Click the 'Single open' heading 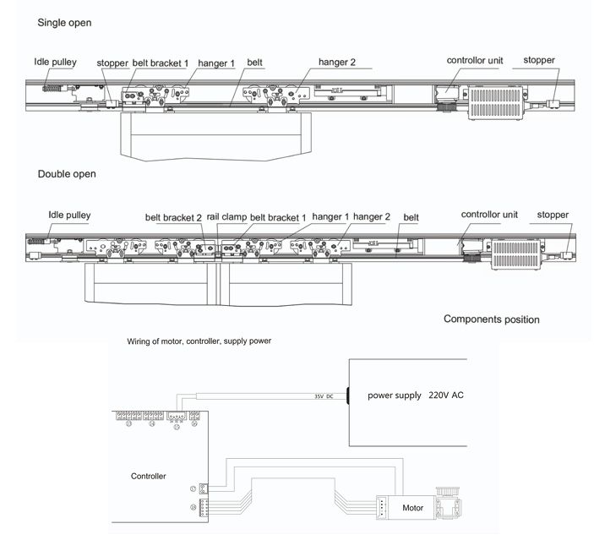pos(64,23)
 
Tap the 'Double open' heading pos(67,174)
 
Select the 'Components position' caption pos(491,319)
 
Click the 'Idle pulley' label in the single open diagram pos(55,63)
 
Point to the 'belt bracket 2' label pos(173,217)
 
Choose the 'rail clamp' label pos(226,216)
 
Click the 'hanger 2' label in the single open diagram pos(337,63)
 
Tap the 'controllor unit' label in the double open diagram pos(489,215)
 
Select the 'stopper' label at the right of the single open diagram pos(539,60)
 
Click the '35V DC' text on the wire pos(324,396)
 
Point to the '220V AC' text pos(446,395)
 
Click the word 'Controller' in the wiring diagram pos(148,477)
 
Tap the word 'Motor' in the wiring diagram pos(412,508)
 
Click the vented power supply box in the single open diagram pos(495,103)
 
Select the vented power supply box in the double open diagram pos(515,254)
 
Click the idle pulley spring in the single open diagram pos(52,89)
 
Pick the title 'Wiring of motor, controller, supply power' pos(199,341)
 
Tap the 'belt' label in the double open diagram pos(411,217)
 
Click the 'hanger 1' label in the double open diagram pos(330,216)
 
